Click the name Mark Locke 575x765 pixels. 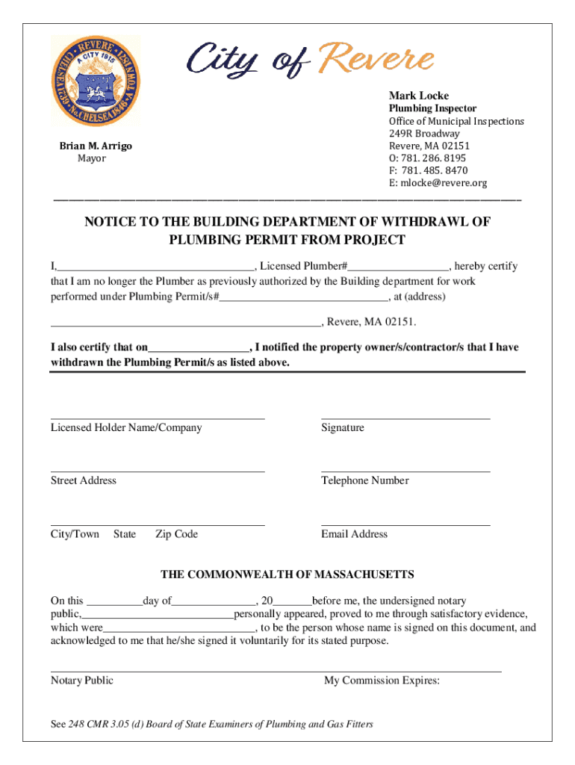pyautogui.click(x=418, y=96)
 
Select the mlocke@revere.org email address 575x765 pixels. pyautogui.click(x=438, y=183)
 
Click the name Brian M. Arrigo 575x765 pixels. pyautogui.click(x=96, y=146)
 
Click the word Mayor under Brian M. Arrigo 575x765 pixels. pyautogui.click(x=92, y=158)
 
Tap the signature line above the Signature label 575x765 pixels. pyautogui.click(x=405, y=418)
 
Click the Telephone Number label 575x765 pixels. pyautogui.click(x=364, y=481)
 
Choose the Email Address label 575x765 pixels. pyautogui.click(x=354, y=534)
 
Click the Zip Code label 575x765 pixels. pyautogui.click(x=176, y=534)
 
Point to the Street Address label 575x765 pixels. pyautogui.click(x=84, y=481)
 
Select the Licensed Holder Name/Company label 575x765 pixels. pyautogui.click(x=126, y=428)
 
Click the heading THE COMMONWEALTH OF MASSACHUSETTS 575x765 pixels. pyautogui.click(x=287, y=574)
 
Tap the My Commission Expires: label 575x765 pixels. pyautogui.click(x=382, y=681)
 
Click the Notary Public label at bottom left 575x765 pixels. pyautogui.click(x=82, y=681)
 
